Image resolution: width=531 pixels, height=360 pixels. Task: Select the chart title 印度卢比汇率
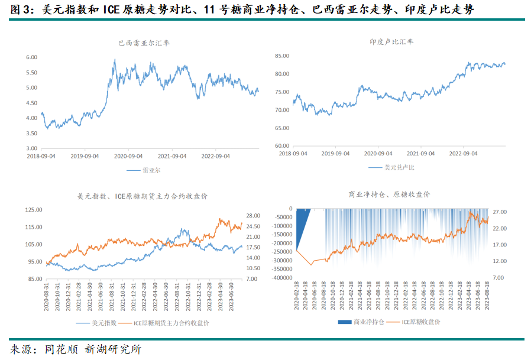click(391, 42)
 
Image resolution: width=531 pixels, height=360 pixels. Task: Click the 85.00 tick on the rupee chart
click(281, 56)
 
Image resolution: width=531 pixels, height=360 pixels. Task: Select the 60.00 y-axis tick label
click(281, 145)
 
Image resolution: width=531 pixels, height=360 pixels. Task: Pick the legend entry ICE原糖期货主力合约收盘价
click(171, 323)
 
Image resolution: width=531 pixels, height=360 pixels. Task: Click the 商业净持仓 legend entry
click(369, 322)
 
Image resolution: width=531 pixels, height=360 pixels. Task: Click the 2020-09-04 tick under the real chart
click(128, 157)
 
